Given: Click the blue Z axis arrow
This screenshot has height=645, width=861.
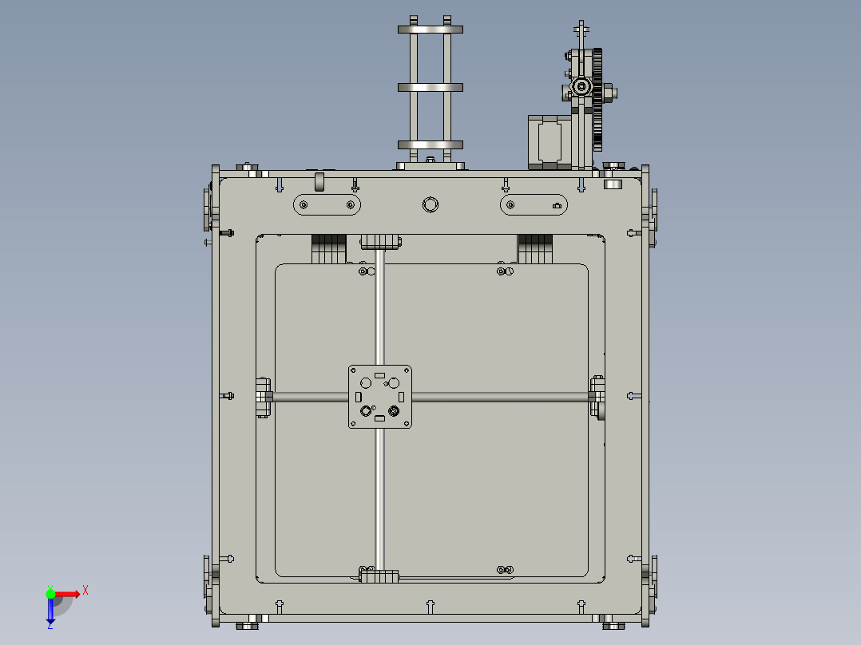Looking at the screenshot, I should click(50, 611).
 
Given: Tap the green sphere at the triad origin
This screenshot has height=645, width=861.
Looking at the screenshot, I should click(50, 593).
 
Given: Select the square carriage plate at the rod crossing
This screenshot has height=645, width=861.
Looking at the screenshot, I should click(380, 396).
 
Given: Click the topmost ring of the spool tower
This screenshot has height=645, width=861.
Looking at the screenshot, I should click(430, 30).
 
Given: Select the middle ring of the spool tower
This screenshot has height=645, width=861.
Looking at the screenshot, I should click(430, 86).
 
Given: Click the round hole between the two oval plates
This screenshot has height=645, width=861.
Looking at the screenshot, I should click(430, 205).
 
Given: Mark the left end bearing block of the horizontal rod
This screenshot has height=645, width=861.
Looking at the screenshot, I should click(263, 397).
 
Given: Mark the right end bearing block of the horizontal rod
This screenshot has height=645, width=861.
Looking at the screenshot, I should click(597, 397).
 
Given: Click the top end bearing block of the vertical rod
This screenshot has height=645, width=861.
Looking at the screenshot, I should click(380, 240).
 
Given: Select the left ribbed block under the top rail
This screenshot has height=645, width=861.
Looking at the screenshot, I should click(328, 248).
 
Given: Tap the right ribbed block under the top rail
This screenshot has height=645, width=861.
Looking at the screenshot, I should click(535, 248).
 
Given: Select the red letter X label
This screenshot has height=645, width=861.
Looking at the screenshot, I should click(85, 590).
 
